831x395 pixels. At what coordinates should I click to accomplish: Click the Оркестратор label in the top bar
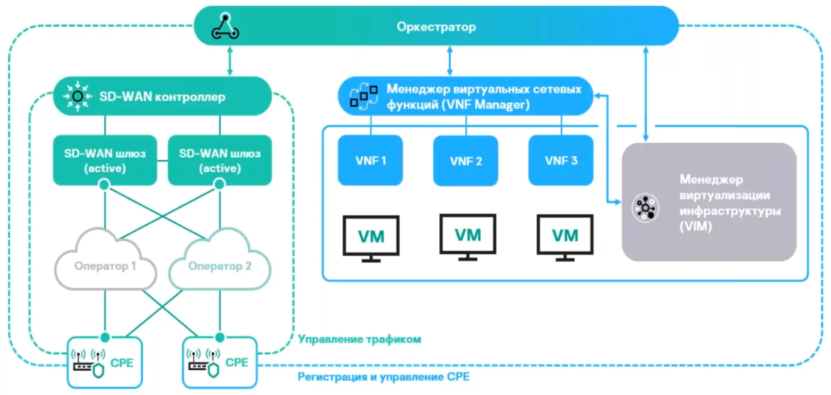(436, 27)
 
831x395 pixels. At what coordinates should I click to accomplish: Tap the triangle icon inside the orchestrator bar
(225, 27)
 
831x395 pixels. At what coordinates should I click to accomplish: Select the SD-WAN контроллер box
(162, 96)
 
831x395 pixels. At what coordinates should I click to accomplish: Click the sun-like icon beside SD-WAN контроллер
(78, 96)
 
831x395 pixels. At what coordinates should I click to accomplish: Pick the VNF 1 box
(370, 160)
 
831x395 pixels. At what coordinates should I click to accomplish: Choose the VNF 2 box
(466, 161)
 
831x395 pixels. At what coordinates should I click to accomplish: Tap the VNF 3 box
(561, 160)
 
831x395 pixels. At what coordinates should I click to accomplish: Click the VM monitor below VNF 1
(371, 238)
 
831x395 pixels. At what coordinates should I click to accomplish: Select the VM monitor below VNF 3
(565, 237)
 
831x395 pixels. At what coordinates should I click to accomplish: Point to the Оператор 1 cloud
(105, 263)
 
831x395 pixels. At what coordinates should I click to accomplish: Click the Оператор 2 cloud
(219, 263)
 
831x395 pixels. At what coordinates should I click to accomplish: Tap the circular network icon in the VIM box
(645, 208)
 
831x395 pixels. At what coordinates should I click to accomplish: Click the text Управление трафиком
(360, 339)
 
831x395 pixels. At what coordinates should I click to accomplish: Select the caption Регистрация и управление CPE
(383, 377)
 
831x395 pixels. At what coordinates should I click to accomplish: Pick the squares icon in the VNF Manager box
(363, 96)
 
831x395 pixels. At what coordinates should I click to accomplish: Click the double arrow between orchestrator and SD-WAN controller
(230, 61)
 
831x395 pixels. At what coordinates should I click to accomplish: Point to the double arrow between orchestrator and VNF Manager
(450, 61)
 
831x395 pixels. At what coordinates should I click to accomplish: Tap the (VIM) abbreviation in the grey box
(696, 226)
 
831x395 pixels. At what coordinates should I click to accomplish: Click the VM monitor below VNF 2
(468, 236)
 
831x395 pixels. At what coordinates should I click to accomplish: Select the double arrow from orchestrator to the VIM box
(646, 93)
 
